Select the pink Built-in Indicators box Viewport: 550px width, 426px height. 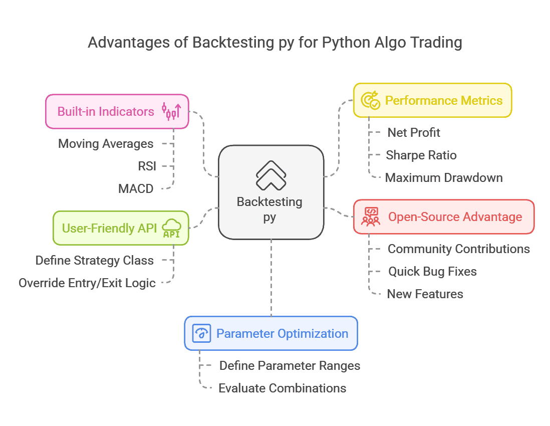tap(117, 111)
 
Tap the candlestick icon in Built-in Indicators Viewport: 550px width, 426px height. tap(171, 111)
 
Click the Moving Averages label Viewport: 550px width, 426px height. tap(106, 144)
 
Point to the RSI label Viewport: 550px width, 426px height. tap(147, 166)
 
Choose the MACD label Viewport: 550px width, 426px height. tap(136, 188)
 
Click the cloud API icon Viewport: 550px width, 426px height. tap(171, 228)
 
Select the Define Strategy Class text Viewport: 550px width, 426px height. tap(94, 261)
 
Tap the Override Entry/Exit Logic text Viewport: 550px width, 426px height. tap(87, 283)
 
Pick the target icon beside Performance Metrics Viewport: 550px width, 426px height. tap(371, 100)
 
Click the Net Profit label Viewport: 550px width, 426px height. tap(414, 133)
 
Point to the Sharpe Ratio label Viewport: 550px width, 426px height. tap(421, 155)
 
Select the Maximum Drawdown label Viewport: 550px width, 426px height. tap(443, 178)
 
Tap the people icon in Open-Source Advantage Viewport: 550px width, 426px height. tap(371, 217)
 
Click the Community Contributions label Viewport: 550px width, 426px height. tap(458, 249)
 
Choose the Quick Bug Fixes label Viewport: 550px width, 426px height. tap(432, 272)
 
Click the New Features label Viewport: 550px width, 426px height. tap(425, 294)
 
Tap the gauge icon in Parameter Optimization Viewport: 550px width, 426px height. tap(201, 333)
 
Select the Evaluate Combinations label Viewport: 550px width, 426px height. tap(282, 388)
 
